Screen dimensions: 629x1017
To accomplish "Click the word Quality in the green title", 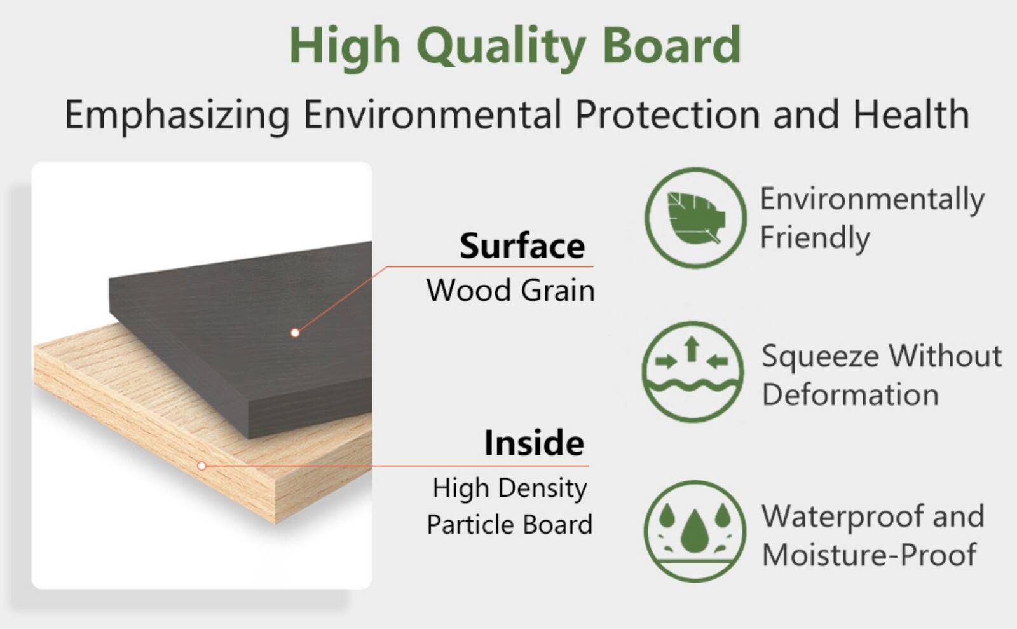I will pos(501,46).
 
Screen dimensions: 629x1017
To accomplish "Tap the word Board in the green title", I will pos(671,45).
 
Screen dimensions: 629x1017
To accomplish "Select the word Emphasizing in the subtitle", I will pos(177,115).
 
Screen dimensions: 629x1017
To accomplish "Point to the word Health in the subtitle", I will pos(910,114).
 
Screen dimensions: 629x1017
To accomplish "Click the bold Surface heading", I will pos(522,246).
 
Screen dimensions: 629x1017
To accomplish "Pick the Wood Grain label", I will pos(510,291).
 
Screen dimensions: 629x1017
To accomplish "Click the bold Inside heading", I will pos(534,443).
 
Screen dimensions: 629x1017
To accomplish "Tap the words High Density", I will pos(510,488).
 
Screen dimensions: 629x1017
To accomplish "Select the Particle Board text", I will pos(509,525).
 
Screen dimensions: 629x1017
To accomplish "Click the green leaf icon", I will pos(695,218).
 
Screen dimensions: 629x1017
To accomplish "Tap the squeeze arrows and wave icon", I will pos(692,371).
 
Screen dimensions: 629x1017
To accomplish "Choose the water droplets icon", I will pos(694,530).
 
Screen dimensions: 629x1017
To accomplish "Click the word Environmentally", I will pos(872,200).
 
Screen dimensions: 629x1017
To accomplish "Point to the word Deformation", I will pos(850,395).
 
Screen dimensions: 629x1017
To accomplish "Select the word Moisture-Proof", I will pos(869,555).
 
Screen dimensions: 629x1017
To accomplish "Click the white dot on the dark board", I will pos(295,333).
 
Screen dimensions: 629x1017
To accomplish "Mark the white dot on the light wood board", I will pos(201,466).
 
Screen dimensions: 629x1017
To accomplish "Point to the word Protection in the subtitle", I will pos(667,115).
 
